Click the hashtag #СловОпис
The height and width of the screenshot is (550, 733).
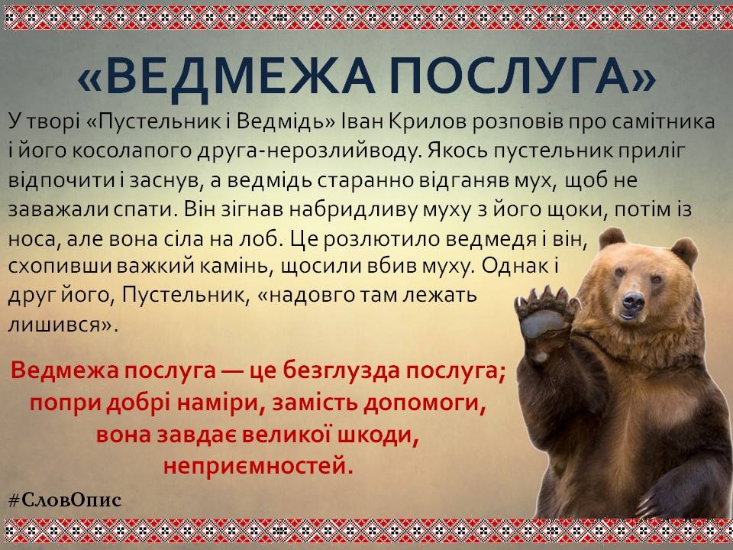[x=65, y=500]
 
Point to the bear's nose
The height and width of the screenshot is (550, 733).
[x=634, y=301]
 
